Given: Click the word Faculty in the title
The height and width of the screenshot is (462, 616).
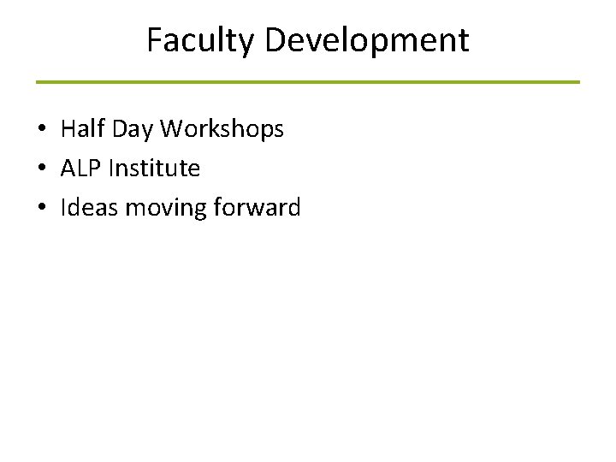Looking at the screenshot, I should point(198,41).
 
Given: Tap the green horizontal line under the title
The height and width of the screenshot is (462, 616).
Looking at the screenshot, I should point(308,82).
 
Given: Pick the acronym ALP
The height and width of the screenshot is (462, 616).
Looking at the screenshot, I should point(79,169).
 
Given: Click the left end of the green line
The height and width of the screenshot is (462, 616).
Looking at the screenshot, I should point(38,82).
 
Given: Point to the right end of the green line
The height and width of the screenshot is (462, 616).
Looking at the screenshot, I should point(577,82).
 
